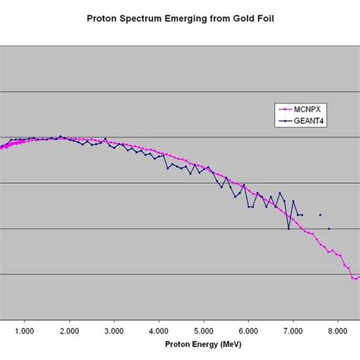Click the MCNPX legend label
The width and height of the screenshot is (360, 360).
(x=311, y=109)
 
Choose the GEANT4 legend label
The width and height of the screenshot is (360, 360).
(x=311, y=119)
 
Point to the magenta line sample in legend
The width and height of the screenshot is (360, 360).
(x=287, y=109)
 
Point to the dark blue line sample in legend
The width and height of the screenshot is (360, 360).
(x=287, y=119)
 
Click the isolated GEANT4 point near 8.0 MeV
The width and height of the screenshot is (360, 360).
(x=329, y=229)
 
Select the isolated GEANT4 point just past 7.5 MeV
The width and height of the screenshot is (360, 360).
(x=320, y=215)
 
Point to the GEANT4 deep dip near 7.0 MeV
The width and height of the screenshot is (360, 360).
(x=289, y=229)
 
